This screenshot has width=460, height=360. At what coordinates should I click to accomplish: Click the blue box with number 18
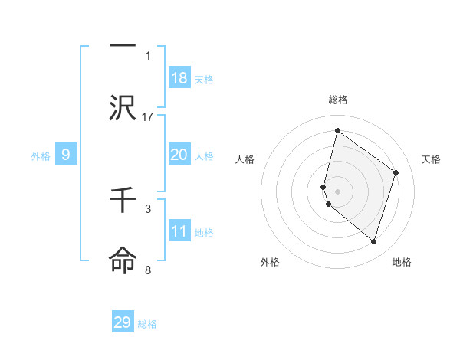click(x=179, y=77)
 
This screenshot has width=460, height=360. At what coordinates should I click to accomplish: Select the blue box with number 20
click(x=179, y=155)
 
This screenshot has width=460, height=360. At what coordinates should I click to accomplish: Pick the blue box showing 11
click(x=179, y=231)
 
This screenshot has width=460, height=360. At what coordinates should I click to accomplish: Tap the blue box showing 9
click(x=66, y=155)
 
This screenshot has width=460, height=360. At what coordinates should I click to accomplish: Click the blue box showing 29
click(x=123, y=322)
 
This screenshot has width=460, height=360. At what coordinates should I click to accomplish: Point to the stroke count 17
click(x=149, y=117)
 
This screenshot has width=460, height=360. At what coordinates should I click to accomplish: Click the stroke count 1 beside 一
click(x=148, y=55)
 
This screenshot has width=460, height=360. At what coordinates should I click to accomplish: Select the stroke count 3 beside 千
click(x=148, y=208)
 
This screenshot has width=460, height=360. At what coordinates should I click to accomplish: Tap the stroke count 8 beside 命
click(x=148, y=270)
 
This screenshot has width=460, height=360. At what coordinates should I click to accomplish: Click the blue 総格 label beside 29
click(x=147, y=324)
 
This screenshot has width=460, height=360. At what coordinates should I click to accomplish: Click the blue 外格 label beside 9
click(x=41, y=156)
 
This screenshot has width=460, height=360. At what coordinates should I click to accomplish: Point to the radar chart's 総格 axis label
click(x=338, y=100)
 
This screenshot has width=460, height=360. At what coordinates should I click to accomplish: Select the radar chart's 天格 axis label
click(x=431, y=159)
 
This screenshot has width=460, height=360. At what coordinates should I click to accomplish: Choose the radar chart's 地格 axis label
click(x=402, y=262)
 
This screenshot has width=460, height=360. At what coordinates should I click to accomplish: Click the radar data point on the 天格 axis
click(x=396, y=172)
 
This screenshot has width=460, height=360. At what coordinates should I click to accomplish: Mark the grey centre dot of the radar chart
click(x=338, y=191)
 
